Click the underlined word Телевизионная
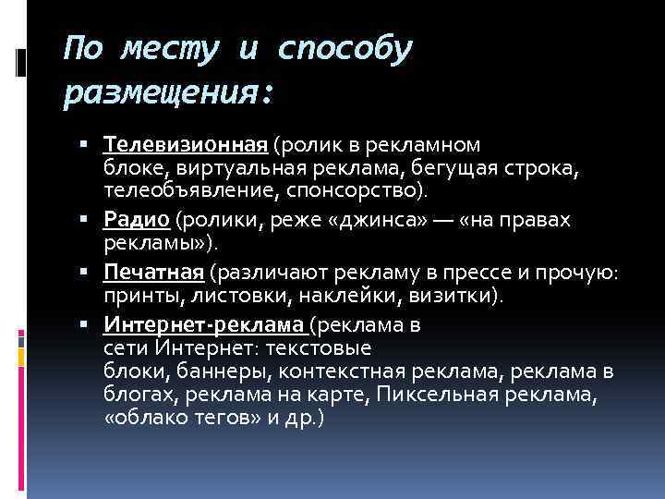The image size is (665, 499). [186, 146]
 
